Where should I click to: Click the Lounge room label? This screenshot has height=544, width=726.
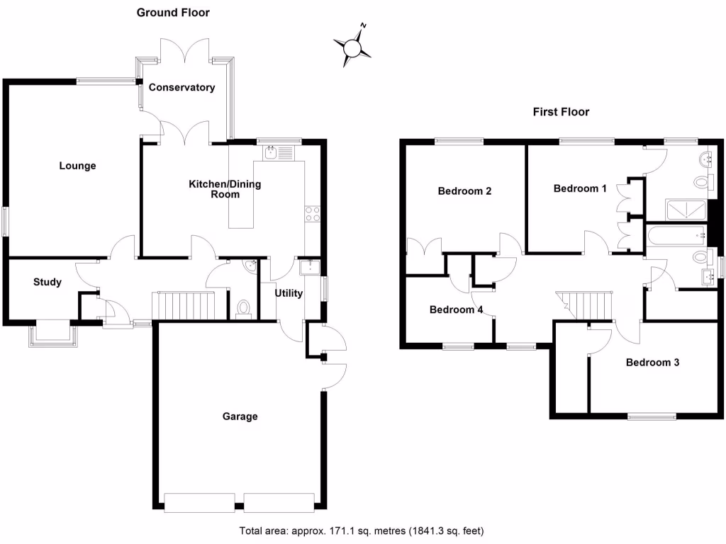point(77,166)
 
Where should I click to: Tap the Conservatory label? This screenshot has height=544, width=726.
point(181,88)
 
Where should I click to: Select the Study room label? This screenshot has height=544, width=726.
point(48,282)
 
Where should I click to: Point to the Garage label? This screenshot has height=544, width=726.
point(240,416)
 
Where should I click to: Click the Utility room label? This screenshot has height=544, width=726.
point(289,293)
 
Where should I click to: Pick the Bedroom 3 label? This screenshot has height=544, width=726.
point(652,363)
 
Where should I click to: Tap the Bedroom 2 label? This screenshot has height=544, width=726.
point(464,191)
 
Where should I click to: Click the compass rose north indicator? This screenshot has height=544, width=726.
point(352,46)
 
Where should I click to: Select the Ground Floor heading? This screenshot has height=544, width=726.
point(173,13)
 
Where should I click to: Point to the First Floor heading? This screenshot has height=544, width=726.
point(561,112)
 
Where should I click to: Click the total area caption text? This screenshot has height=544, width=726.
point(362,531)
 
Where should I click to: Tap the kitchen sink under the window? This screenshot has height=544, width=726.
point(271,152)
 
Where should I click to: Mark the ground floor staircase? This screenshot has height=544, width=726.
point(184,306)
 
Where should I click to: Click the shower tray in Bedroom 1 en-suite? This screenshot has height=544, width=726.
point(686,210)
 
